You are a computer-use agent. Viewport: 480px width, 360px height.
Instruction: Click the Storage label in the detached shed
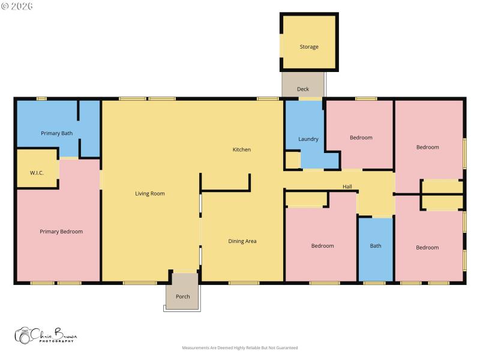coord(309,47)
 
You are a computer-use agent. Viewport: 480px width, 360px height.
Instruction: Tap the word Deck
coord(303,89)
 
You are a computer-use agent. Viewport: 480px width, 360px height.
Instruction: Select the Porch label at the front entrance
coord(182,296)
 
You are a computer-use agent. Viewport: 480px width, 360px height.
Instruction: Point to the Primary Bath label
coord(57,133)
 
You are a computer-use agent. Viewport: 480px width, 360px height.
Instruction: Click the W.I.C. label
coord(37,173)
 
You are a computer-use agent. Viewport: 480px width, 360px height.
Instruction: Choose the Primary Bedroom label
coord(61,232)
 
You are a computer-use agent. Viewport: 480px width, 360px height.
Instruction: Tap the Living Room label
coord(149,194)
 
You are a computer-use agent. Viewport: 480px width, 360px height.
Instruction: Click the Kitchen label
coord(242,149)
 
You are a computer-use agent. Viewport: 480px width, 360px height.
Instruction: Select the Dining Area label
coord(242,241)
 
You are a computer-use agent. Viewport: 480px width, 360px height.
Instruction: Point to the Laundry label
coord(308,139)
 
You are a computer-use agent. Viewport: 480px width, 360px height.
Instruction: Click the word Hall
coord(347,187)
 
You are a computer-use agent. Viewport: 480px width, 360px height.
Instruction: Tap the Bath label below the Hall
coord(376,245)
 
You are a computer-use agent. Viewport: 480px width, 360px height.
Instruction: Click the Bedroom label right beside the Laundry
coord(361,137)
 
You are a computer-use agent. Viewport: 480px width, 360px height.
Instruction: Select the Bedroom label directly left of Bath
coord(322,245)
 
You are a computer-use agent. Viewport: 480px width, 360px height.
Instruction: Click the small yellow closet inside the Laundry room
coord(292,160)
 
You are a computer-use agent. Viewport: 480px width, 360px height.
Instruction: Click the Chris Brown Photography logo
coord(46,335)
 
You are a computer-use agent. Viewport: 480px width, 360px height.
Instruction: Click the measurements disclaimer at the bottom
coord(240,347)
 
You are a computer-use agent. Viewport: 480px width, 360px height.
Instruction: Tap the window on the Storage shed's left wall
coord(281,46)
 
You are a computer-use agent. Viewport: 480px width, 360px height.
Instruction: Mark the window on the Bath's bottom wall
coord(374,283)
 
